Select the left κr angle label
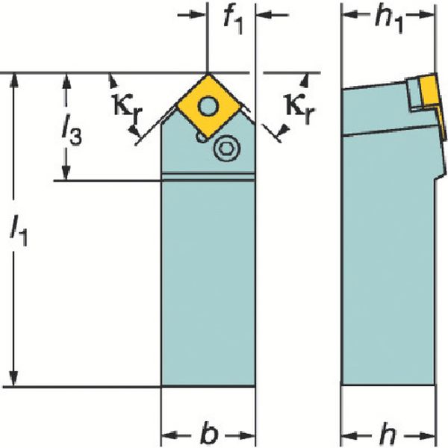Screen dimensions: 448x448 pos(128,110)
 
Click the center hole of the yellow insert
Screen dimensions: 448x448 pos(208,107)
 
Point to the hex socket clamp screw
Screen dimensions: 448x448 pos(227,149)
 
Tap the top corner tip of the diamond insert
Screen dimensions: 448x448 pos(209,75)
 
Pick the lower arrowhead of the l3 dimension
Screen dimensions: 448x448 pos(66,172)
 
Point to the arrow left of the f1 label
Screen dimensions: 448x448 pos(191,14)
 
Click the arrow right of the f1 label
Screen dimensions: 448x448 pos(272,14)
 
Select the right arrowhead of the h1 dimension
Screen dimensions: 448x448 pos(426,15)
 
